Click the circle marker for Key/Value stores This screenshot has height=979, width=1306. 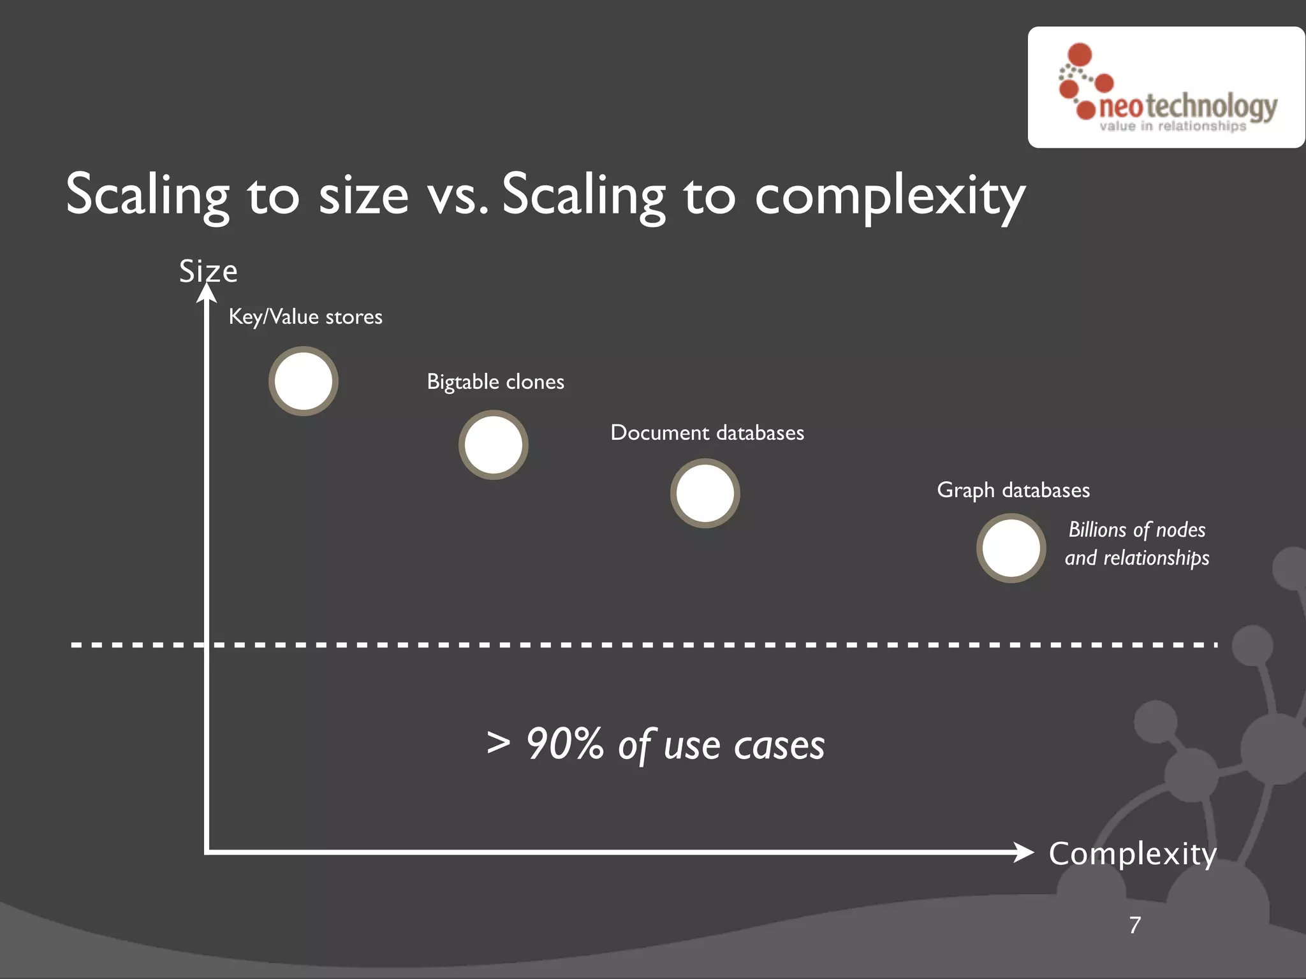click(x=304, y=381)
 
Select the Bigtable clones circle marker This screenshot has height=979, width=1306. click(x=494, y=445)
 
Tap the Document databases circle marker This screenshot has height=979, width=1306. click(x=705, y=493)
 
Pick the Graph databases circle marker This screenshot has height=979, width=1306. click(x=1011, y=548)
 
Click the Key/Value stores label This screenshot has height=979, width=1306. click(x=305, y=317)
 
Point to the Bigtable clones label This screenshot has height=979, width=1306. click(x=495, y=382)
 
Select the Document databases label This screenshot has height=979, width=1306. click(x=707, y=433)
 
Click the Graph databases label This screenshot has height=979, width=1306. click(x=1013, y=490)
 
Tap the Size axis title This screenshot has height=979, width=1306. click(x=209, y=272)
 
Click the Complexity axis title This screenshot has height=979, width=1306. click(x=1133, y=853)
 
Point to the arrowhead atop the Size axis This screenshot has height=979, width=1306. click(x=207, y=293)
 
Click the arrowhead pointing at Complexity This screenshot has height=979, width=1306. click(x=1024, y=852)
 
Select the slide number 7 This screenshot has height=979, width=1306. click(x=1135, y=925)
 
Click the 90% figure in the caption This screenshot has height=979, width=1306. click(x=564, y=744)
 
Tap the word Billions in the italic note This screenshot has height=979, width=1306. click(x=1097, y=530)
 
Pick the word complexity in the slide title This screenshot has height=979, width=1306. click(x=890, y=195)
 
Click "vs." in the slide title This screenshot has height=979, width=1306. click(x=458, y=195)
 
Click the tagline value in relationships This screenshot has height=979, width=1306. click(x=1173, y=126)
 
